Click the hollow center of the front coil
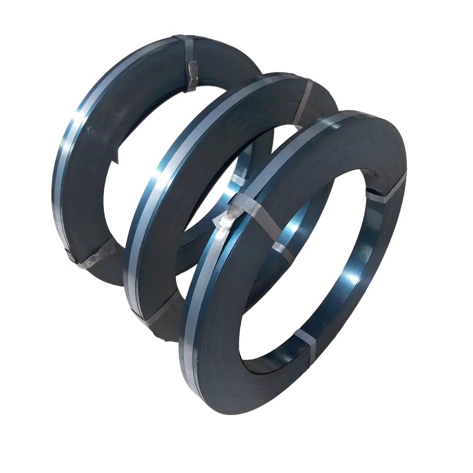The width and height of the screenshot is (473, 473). tap(303, 284)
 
